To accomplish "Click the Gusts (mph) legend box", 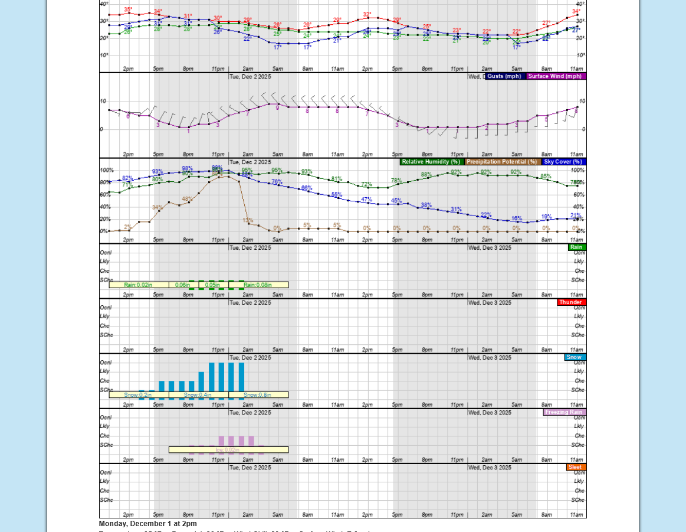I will (504, 76).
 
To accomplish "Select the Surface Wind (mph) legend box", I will (556, 76).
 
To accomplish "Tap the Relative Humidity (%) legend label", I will (431, 162).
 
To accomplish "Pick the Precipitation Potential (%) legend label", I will (502, 162).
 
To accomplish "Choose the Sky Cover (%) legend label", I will (563, 162).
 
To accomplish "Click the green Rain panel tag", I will (576, 247).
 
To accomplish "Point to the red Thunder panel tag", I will (571, 302).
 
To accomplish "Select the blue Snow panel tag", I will (575, 357).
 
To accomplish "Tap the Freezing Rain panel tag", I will (564, 412).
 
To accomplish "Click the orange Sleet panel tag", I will (576, 467).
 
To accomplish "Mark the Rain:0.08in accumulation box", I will (258, 285).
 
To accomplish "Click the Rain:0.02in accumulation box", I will (139, 285).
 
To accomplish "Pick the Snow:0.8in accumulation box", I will (258, 395).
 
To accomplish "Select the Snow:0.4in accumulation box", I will (198, 395).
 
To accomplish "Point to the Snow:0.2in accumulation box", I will (139, 395).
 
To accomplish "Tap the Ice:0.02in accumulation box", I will (228, 450).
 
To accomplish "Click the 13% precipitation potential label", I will (248, 220).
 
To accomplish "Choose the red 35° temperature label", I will (128, 9).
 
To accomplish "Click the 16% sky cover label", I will (517, 218).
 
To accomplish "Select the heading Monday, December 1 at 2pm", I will (148, 524).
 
